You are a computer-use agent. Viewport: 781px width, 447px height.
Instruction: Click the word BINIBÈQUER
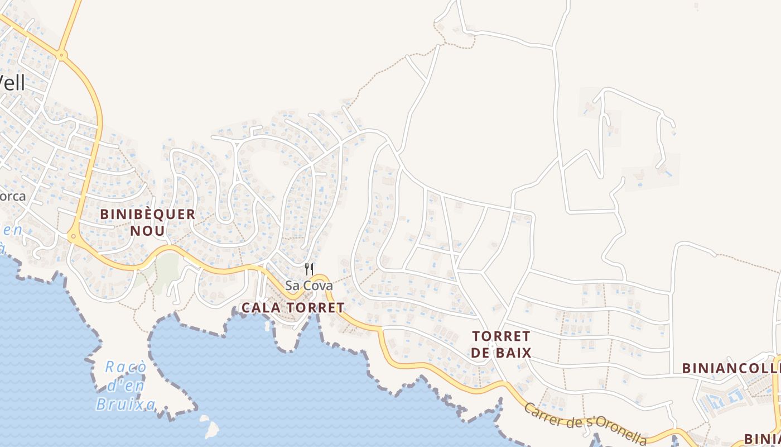(148, 214)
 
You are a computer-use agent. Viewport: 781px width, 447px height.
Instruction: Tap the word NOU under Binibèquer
(147, 230)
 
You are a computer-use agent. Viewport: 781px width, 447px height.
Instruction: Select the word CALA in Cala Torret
(259, 307)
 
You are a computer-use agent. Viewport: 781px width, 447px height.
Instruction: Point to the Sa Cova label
(308, 286)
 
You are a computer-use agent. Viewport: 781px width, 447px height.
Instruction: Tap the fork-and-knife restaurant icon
(309, 269)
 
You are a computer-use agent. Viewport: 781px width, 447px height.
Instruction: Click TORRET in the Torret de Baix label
(500, 336)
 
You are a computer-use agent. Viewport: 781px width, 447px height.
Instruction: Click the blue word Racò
(126, 367)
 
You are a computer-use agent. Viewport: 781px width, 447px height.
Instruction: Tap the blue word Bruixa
(125, 403)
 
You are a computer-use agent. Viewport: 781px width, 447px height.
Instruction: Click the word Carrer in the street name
(544, 414)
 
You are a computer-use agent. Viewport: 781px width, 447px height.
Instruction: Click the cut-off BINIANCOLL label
(731, 368)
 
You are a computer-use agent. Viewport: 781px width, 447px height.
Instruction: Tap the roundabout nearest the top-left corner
(61, 55)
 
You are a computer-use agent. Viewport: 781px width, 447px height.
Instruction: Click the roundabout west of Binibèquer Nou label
(73, 237)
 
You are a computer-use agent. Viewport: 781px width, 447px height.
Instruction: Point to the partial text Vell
(12, 83)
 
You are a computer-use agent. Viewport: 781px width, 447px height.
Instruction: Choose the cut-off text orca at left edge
(12, 197)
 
